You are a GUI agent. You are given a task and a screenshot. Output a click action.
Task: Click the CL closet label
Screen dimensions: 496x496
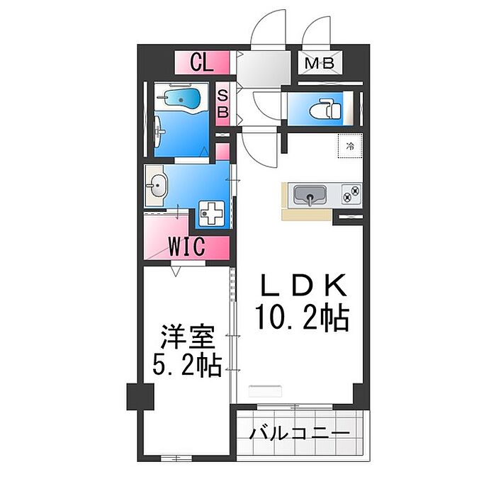[x=202, y=64]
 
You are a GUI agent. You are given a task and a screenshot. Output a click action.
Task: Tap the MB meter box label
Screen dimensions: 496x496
[x=320, y=64]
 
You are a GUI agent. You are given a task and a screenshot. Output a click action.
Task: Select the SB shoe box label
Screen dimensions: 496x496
[x=222, y=104]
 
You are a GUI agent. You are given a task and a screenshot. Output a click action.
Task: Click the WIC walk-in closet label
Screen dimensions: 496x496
[x=187, y=248]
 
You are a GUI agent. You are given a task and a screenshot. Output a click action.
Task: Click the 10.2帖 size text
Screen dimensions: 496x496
[x=302, y=317]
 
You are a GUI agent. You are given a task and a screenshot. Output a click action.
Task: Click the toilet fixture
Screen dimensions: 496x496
[x=327, y=109]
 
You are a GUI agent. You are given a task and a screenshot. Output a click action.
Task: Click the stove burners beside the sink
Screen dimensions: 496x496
[x=351, y=192]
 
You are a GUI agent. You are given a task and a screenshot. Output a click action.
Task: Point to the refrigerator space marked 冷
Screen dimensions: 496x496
[x=350, y=146]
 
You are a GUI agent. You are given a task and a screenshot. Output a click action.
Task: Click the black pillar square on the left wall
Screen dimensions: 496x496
[x=140, y=397]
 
